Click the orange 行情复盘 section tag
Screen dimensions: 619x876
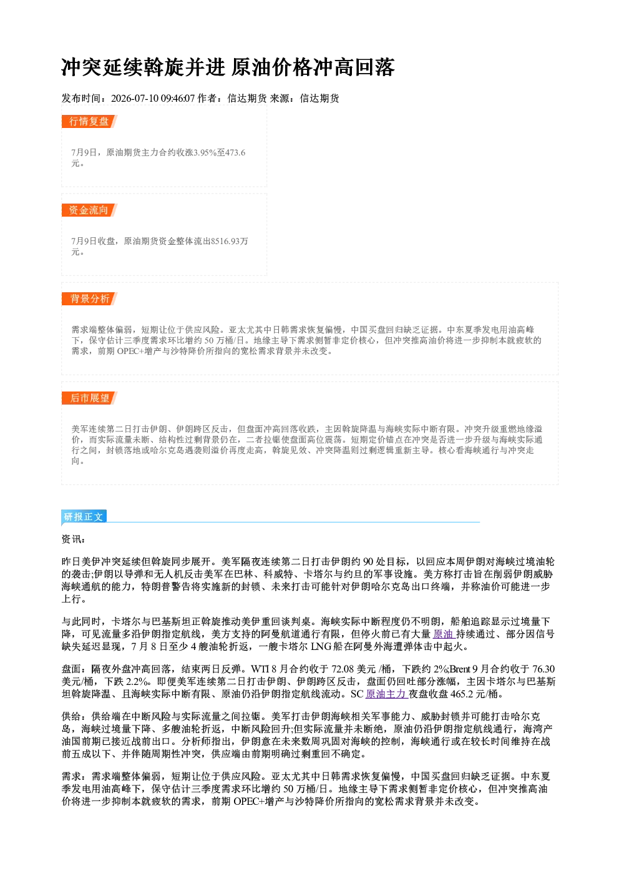click(89, 121)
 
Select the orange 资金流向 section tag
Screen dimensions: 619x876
click(89, 210)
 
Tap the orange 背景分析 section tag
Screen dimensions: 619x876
click(89, 299)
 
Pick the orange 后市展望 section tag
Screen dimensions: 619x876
click(89, 398)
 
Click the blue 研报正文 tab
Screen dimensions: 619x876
click(84, 517)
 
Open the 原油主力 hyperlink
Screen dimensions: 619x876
click(386, 694)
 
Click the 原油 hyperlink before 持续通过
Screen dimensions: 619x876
click(443, 634)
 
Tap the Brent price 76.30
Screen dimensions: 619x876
click(543, 669)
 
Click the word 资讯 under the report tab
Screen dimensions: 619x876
click(72, 539)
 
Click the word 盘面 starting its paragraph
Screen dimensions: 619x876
click(72, 669)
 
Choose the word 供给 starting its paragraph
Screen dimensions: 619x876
click(72, 716)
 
